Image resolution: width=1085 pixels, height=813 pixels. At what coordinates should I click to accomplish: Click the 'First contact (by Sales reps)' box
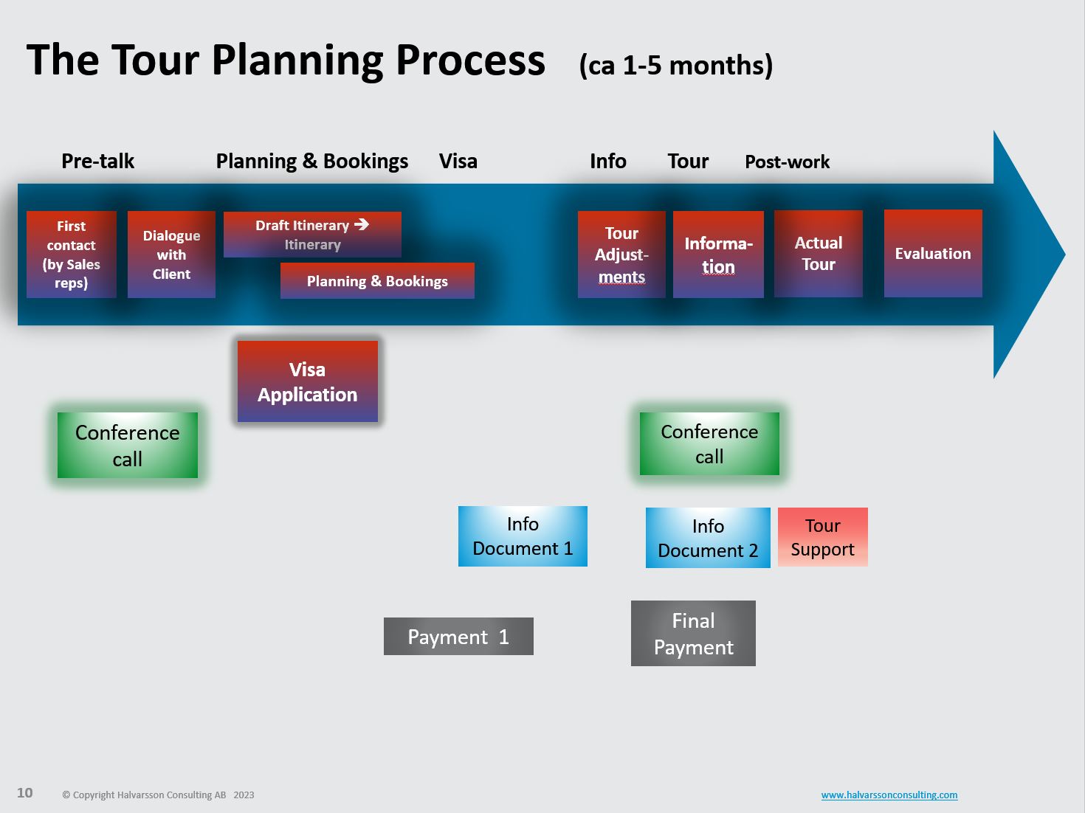click(x=71, y=255)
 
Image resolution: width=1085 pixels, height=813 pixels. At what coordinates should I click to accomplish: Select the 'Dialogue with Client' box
click(x=171, y=255)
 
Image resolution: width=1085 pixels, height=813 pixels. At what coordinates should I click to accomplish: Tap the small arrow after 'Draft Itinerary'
click(x=362, y=224)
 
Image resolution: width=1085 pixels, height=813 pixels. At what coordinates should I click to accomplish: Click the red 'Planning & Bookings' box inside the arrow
click(x=377, y=280)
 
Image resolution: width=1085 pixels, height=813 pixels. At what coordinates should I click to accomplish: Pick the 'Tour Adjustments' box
click(x=621, y=255)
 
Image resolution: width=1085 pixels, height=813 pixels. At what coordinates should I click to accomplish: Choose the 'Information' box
click(x=718, y=255)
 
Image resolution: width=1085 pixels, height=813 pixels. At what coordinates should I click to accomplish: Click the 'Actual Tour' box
click(x=818, y=254)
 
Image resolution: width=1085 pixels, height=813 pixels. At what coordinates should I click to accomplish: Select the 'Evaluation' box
click(x=933, y=253)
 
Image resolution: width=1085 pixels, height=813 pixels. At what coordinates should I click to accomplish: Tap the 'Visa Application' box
click(x=308, y=381)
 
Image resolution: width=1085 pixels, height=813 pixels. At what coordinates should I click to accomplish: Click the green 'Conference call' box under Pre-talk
click(x=128, y=445)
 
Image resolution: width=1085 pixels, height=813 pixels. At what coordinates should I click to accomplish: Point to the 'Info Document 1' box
click(x=523, y=536)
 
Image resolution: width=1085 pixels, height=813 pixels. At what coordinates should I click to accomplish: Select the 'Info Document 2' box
click(x=708, y=537)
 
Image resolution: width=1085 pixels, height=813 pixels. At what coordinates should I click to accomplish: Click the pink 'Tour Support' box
click(x=822, y=537)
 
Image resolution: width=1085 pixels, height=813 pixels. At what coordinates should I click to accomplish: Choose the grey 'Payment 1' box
click(x=458, y=636)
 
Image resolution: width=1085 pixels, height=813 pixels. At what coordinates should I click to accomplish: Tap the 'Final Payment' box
click(x=693, y=633)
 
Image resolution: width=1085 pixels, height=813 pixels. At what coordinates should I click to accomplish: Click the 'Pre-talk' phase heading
click(x=98, y=161)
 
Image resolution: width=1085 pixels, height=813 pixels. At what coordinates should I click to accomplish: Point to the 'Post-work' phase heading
click(x=787, y=162)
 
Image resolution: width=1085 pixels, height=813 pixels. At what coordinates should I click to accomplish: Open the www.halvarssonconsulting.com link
click(x=889, y=795)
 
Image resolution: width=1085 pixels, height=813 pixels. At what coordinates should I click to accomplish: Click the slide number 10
click(x=24, y=793)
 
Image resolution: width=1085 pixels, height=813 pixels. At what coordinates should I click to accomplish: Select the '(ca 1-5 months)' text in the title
click(x=675, y=65)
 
